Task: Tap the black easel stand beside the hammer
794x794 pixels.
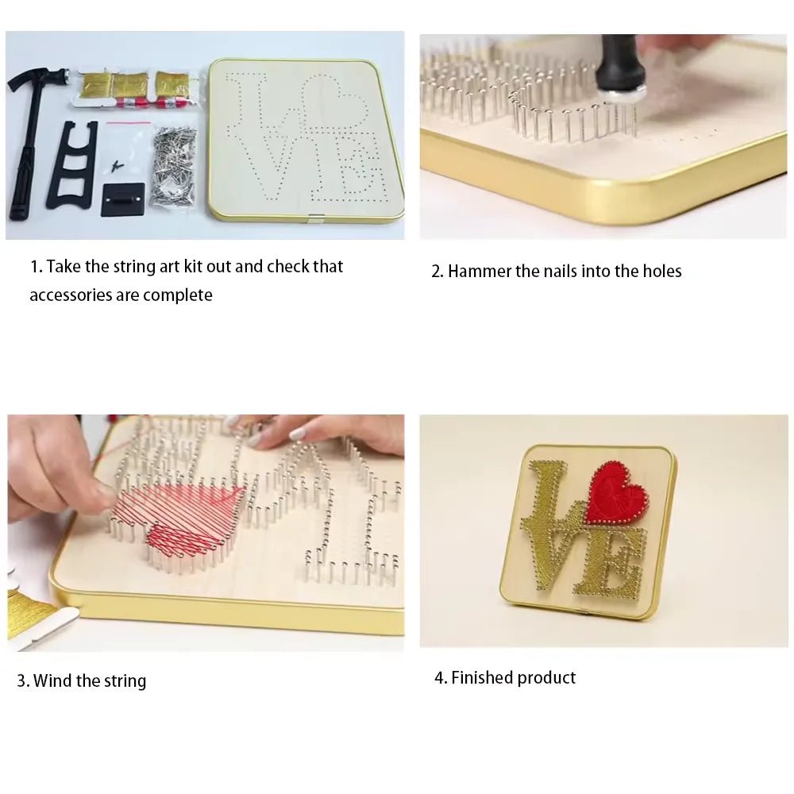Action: pyautogui.click(x=71, y=163)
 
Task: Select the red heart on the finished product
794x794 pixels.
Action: pyautogui.click(x=617, y=493)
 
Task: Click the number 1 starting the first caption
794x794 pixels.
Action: pyautogui.click(x=35, y=267)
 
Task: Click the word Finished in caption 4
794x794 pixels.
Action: pyautogui.click(x=482, y=678)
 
